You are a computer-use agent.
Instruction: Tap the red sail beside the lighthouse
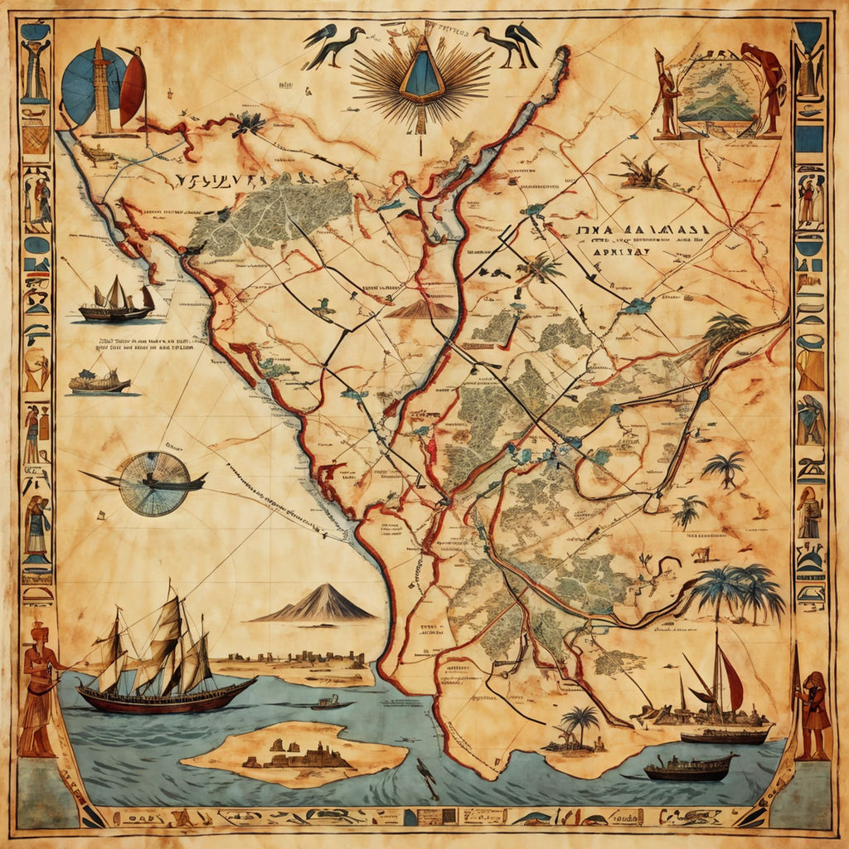point(133,85)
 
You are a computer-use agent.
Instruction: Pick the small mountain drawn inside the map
point(421,309)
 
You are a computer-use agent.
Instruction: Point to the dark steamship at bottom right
point(688,767)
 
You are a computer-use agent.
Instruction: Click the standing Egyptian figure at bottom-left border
point(37,688)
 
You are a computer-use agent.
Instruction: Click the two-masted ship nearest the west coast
point(116,301)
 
